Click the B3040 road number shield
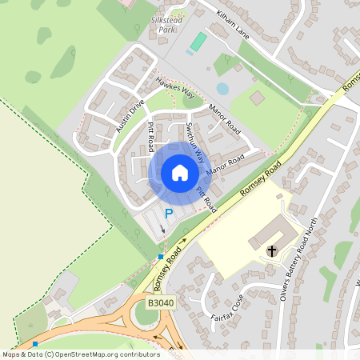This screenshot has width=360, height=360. click(x=160, y=304)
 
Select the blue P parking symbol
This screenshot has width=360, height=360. click(x=168, y=213)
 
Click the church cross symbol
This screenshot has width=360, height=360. click(x=272, y=250)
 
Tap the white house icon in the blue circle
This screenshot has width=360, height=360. click(x=180, y=173)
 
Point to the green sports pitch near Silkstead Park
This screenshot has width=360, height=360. click(x=198, y=42)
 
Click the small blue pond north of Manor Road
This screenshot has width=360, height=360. click(x=222, y=89)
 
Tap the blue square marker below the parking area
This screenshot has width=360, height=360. click(x=161, y=256)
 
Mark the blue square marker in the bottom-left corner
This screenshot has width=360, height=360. click(x=34, y=343)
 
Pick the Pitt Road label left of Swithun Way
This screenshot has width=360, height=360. click(x=150, y=137)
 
